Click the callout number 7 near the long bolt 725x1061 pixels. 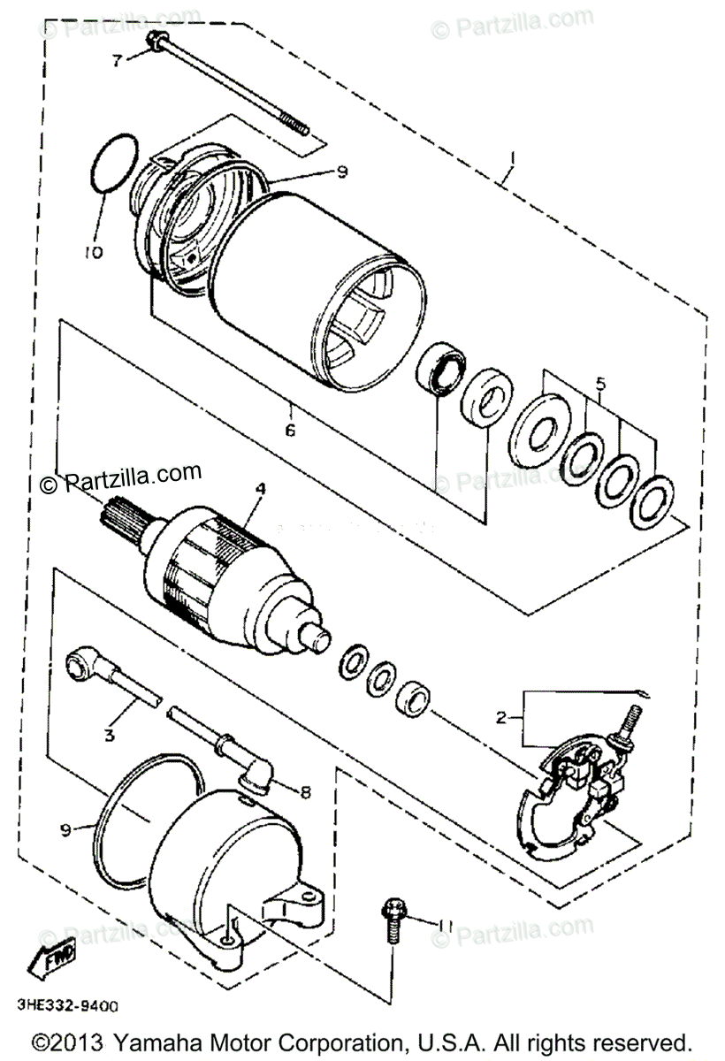(x=117, y=60)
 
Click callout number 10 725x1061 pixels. (x=94, y=252)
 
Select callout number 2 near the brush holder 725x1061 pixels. (x=501, y=718)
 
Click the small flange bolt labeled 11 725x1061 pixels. (x=391, y=920)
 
